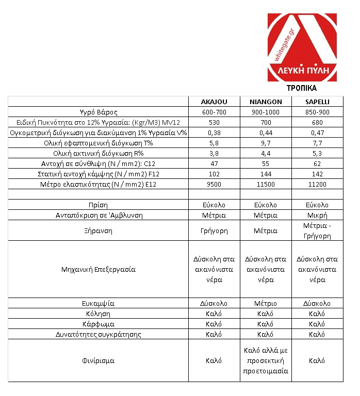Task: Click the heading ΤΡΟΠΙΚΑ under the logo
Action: point(302,88)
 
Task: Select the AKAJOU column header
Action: point(214,102)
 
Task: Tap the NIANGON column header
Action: point(266,102)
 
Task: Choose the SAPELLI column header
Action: point(317,102)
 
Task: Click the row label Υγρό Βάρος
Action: point(97,112)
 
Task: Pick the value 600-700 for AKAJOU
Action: point(214,112)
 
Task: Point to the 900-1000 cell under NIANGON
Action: point(266,112)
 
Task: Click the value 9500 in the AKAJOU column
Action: point(214,184)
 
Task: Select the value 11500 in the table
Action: point(266,184)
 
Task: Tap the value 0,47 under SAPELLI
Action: point(317,133)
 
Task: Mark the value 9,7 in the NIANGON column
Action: point(266,143)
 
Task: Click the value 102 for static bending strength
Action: point(214,174)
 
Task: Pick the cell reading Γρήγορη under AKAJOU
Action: point(214,230)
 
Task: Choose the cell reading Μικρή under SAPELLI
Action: point(317,215)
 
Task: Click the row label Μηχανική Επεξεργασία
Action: point(97,269)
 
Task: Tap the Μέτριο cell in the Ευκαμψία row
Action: point(266,303)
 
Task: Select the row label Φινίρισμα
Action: point(97,360)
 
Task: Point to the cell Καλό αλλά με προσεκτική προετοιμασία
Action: point(266,360)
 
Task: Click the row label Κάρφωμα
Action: point(97,324)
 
